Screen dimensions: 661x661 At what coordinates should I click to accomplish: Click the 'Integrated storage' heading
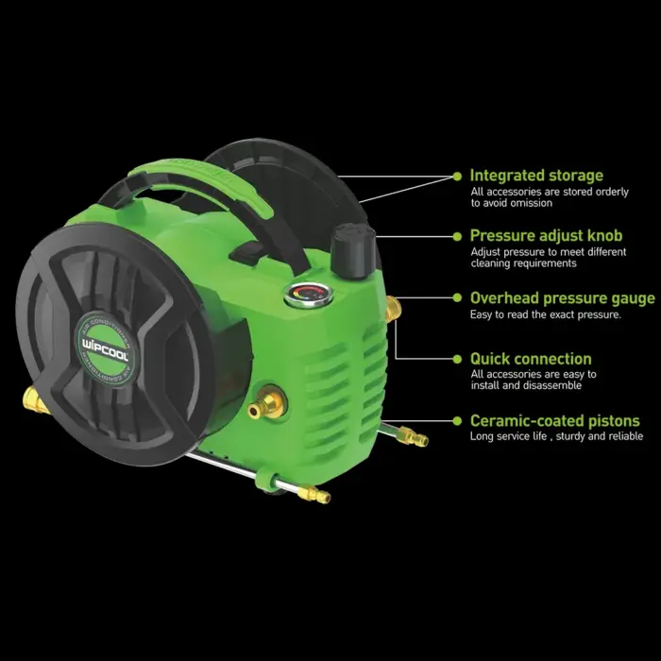536,176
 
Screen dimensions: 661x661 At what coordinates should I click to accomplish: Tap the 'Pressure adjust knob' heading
546,236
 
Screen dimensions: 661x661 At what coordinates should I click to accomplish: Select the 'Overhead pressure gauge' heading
563,298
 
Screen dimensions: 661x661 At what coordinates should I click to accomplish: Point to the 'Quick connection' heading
531,359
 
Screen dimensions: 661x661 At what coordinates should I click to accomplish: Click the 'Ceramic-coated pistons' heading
555,421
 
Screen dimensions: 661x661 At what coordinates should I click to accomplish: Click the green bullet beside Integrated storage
457,177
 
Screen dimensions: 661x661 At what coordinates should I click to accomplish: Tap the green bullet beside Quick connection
457,359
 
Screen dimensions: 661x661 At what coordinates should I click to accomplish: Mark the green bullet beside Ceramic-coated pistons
457,421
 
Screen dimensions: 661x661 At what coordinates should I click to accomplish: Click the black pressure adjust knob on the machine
353,251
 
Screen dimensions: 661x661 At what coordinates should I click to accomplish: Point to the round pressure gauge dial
308,295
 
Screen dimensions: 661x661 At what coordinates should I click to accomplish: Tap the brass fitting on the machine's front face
264,402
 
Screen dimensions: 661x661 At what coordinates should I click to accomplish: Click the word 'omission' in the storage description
531,203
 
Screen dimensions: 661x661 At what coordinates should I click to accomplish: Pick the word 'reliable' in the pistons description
625,436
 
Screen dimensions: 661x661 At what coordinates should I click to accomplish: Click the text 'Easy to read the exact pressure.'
546,314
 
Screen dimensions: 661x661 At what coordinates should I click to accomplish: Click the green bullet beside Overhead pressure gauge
457,298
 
